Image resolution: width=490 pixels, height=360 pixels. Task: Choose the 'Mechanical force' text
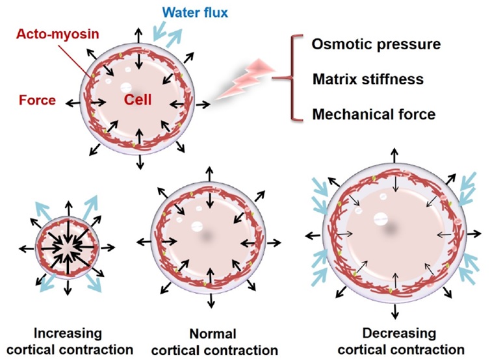(374, 115)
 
